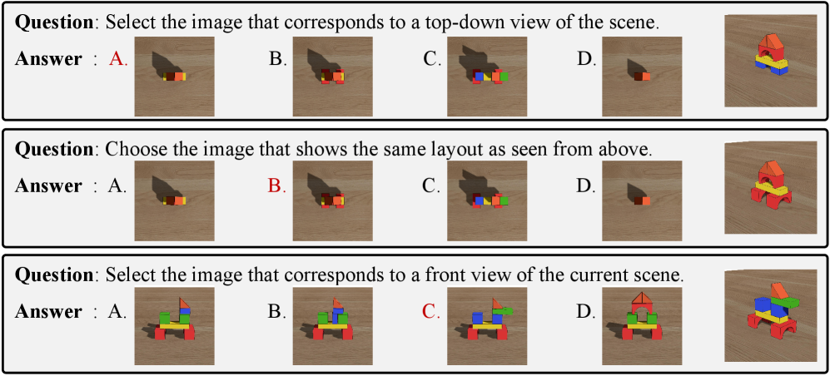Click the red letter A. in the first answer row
point(118,59)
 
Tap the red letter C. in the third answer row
point(431,312)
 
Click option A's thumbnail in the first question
point(174,77)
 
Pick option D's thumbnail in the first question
point(642,77)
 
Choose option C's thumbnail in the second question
point(487,201)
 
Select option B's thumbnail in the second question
point(332,201)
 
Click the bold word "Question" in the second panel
point(53,150)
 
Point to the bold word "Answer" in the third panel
point(48,311)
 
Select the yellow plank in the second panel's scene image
point(770,186)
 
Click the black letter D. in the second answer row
point(586,186)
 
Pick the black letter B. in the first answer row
point(277,59)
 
